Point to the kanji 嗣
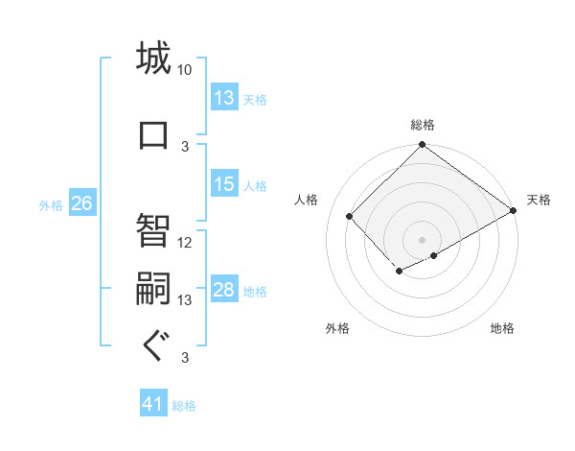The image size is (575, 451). pyautogui.click(x=153, y=287)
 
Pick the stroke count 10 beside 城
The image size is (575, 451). pyautogui.click(x=185, y=70)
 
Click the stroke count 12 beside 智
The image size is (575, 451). pyautogui.click(x=185, y=242)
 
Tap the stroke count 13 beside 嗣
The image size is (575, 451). pyautogui.click(x=185, y=300)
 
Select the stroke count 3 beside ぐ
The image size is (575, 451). pyautogui.click(x=185, y=359)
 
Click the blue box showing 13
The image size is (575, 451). pyautogui.click(x=224, y=98)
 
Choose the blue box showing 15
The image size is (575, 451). pyautogui.click(x=224, y=184)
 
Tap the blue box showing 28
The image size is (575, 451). pyautogui.click(x=224, y=291)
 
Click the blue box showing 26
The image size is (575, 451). pyautogui.click(x=81, y=203)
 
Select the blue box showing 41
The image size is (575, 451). pyautogui.click(x=153, y=404)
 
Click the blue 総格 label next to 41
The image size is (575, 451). pyautogui.click(x=184, y=406)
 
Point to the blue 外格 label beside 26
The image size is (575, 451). pyautogui.click(x=51, y=205)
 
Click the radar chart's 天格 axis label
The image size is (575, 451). pyautogui.click(x=539, y=200)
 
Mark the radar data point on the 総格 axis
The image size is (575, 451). pyautogui.click(x=422, y=146)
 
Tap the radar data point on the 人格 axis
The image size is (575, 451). pyautogui.click(x=350, y=216)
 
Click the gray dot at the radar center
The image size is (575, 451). pyautogui.click(x=422, y=239)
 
